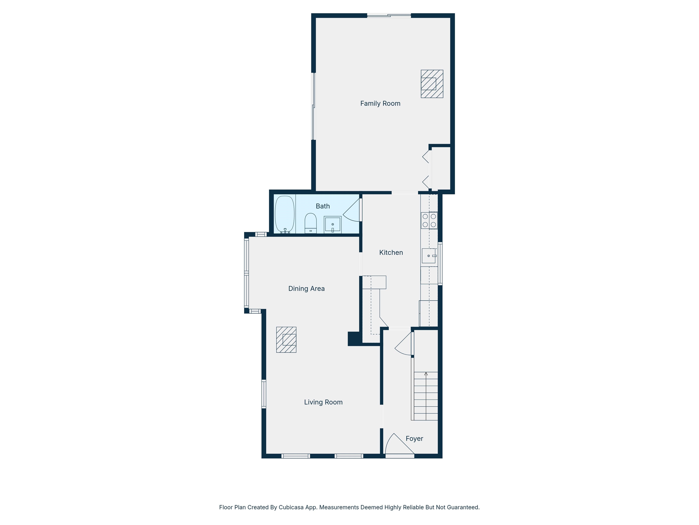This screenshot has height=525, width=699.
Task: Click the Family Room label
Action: [x=380, y=103]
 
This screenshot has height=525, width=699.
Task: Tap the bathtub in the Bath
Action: [x=285, y=214]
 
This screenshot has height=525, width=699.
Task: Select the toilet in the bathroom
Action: [x=310, y=223]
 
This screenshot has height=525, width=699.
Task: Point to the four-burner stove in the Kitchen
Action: [x=429, y=220]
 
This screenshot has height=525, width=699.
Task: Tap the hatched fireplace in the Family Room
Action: [x=432, y=84]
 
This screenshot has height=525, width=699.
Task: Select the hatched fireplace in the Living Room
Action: [x=286, y=340]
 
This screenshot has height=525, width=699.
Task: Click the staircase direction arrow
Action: [x=426, y=374]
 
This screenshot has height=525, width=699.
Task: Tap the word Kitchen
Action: [x=391, y=252]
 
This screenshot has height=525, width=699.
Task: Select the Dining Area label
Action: [x=306, y=289]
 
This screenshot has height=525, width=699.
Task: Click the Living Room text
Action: [x=323, y=402]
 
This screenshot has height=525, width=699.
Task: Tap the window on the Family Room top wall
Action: [x=389, y=15]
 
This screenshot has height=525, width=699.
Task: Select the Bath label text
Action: [x=323, y=206]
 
